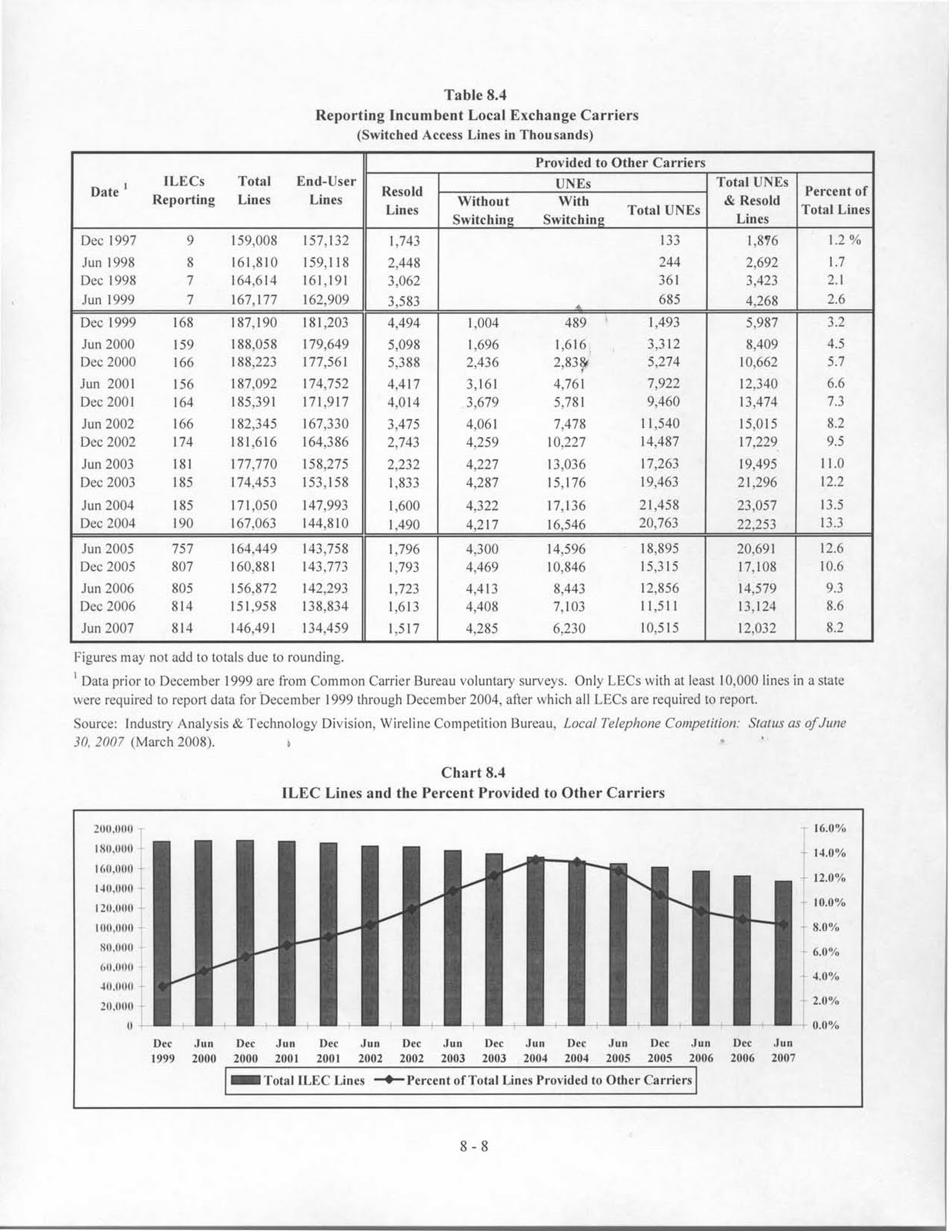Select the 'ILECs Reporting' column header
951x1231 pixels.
click(183, 191)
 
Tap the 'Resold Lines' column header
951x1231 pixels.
click(402, 200)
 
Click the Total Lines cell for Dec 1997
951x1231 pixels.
click(254, 241)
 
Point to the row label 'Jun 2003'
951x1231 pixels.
click(108, 464)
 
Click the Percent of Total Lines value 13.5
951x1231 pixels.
click(835, 505)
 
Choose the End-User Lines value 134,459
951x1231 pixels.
click(322, 628)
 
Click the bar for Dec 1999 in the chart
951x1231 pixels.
click(162, 931)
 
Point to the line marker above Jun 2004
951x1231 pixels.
click(536, 859)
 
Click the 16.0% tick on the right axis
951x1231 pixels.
click(830, 829)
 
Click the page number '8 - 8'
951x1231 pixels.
click(475, 1147)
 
